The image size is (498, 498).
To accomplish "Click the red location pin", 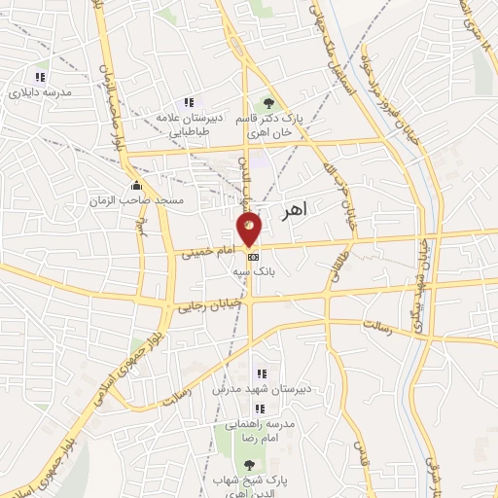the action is click(250, 229).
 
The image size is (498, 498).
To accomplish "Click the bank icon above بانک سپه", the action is click(253, 256).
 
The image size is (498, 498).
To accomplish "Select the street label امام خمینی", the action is click(206, 252).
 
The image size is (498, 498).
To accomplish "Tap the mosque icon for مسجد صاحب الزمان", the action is click(135, 184).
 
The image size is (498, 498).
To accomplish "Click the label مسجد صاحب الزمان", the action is click(156, 198).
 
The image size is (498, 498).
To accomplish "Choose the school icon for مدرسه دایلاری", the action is click(40, 77).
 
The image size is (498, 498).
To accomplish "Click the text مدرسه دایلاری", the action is click(34, 94).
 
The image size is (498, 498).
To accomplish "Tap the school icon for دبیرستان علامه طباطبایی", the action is click(189, 102).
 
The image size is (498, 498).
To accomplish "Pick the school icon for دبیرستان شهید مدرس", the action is click(261, 373).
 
